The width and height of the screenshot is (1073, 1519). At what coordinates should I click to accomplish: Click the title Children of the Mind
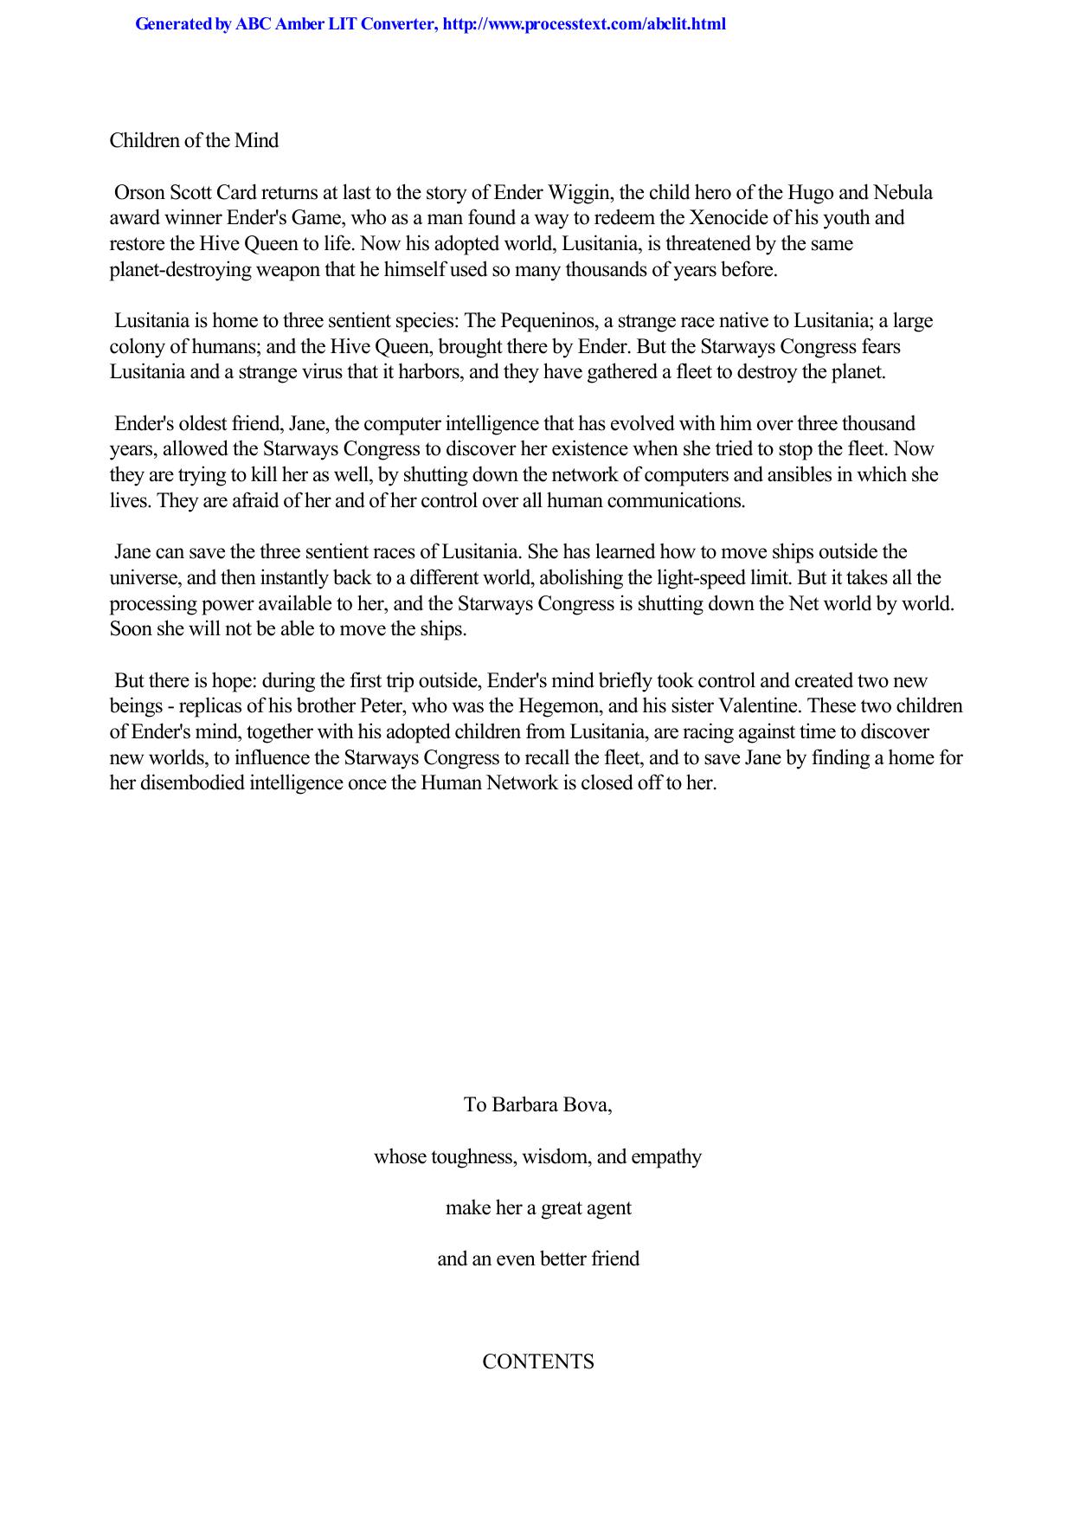pos(194,140)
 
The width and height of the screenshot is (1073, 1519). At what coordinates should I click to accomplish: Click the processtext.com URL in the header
pos(583,24)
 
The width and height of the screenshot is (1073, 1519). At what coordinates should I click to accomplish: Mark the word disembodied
pos(178,783)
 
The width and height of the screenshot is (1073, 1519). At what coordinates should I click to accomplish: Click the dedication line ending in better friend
pos(538,1258)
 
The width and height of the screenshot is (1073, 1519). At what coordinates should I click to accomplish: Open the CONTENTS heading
pos(538,1362)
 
